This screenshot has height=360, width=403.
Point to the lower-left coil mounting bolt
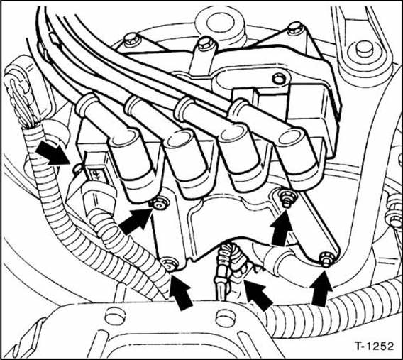tap(169, 266)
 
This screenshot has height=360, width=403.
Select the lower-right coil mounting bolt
tap(326, 256)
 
